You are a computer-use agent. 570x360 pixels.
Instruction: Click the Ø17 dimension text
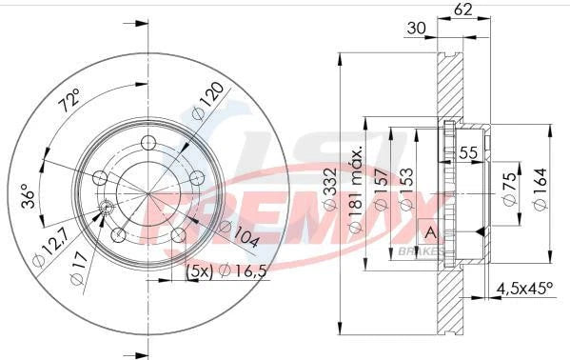[78, 276]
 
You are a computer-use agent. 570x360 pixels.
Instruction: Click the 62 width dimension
[463, 10]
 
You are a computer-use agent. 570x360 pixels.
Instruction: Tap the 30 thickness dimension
[415, 30]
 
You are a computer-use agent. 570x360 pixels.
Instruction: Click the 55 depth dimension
[468, 151]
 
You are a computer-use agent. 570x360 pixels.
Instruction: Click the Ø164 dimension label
[539, 191]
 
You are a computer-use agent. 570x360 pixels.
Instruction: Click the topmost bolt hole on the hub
[147, 143]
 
